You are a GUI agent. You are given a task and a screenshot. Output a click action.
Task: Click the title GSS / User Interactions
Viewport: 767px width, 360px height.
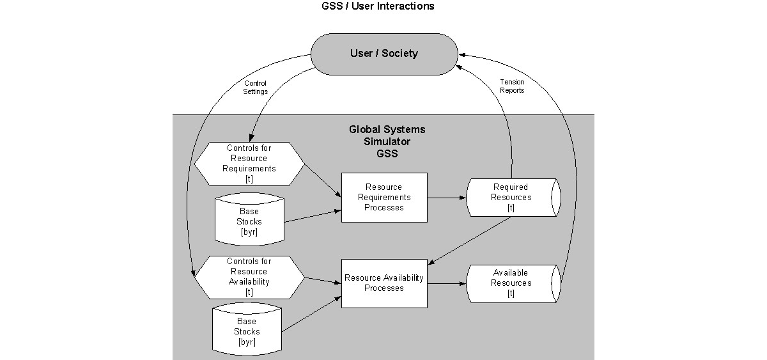pyautogui.click(x=378, y=6)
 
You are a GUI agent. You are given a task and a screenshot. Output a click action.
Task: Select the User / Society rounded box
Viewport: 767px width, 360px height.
pyautogui.click(x=383, y=54)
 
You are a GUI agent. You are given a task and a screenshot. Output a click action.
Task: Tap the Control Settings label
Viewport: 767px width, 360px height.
pyautogui.click(x=256, y=88)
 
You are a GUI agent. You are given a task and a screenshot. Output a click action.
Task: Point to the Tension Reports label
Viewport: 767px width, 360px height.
pyautogui.click(x=512, y=86)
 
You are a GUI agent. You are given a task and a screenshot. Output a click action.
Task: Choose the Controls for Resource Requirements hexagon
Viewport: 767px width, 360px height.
pyautogui.click(x=249, y=164)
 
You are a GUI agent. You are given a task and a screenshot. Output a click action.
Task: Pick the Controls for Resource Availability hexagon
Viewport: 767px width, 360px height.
pyautogui.click(x=249, y=277)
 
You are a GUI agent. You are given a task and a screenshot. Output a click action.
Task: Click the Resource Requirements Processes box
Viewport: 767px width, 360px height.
pyautogui.click(x=384, y=198)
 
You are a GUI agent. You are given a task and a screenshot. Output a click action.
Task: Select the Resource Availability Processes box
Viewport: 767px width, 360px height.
pyautogui.click(x=384, y=283)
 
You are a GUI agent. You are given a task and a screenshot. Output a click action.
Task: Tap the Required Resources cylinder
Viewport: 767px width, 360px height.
pyautogui.click(x=513, y=198)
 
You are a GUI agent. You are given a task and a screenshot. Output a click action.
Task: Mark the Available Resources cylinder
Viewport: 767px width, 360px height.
pyautogui.click(x=513, y=283)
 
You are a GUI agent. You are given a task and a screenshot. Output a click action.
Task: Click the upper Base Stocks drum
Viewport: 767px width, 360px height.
pyautogui.click(x=249, y=220)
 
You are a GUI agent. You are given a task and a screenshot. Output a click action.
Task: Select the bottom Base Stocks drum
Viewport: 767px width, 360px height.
pyautogui.click(x=247, y=331)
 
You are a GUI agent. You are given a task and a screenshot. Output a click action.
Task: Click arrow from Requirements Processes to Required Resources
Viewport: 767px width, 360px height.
pyautogui.click(x=447, y=198)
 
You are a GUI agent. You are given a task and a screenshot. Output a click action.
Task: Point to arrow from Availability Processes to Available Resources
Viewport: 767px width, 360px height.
pyautogui.click(x=447, y=283)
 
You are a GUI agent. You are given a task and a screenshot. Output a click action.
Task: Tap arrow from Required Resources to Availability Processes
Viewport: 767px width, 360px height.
pyautogui.click(x=470, y=240)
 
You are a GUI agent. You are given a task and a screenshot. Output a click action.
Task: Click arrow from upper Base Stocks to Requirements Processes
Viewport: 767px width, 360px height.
pyautogui.click(x=313, y=215)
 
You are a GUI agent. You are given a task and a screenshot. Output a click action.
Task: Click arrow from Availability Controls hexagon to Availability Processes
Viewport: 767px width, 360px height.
pyautogui.click(x=323, y=280)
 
